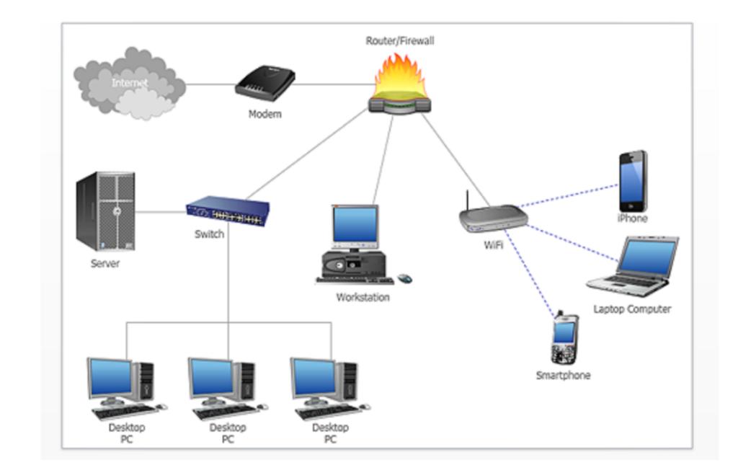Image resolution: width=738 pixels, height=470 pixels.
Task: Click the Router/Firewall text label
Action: click(400, 41)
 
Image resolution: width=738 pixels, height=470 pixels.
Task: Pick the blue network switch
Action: click(228, 211)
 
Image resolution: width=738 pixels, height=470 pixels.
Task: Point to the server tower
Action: click(106, 210)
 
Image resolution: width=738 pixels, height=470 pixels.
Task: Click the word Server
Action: click(105, 263)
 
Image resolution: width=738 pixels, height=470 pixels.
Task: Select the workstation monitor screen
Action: click(355, 224)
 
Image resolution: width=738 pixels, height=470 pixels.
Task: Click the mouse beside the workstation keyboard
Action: click(405, 278)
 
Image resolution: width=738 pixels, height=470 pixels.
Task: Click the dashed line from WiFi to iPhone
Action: click(569, 194)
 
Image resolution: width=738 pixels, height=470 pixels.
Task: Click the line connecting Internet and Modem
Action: click(210, 84)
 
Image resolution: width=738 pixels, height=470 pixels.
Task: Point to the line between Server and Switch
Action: click(160, 212)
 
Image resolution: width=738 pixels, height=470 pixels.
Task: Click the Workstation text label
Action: click(363, 297)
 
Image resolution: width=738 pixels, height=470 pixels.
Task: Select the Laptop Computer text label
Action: click(632, 309)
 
